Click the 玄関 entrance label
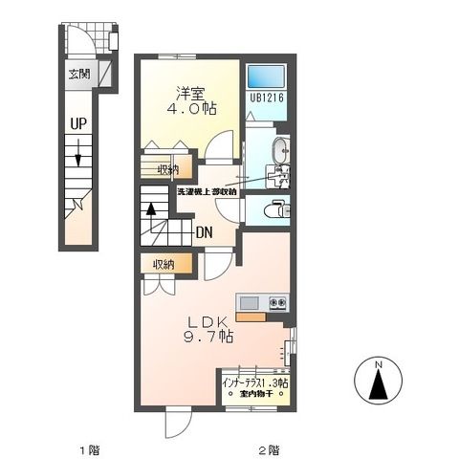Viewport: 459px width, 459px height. point(79,75)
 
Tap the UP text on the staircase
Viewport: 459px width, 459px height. point(78,123)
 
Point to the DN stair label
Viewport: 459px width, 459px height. point(204,233)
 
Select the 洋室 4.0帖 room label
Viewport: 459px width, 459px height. point(191,100)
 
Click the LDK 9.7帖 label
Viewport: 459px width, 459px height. point(208,329)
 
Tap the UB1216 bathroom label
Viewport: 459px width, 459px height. point(267,98)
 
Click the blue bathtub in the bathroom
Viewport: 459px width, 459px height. point(266,76)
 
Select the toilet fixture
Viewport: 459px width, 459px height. point(277,209)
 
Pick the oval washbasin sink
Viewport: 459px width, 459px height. point(280,150)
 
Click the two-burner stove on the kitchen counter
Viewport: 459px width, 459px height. point(277,303)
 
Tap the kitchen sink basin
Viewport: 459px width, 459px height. point(250,303)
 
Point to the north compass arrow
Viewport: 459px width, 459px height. point(379,384)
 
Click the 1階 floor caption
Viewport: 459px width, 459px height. point(90,450)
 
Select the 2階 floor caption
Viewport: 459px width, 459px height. point(269,450)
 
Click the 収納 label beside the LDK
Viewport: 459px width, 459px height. point(164,264)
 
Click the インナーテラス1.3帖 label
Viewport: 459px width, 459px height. point(255,383)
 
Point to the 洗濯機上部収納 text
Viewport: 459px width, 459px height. point(207,192)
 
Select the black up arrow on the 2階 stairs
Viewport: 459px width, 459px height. point(151,209)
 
